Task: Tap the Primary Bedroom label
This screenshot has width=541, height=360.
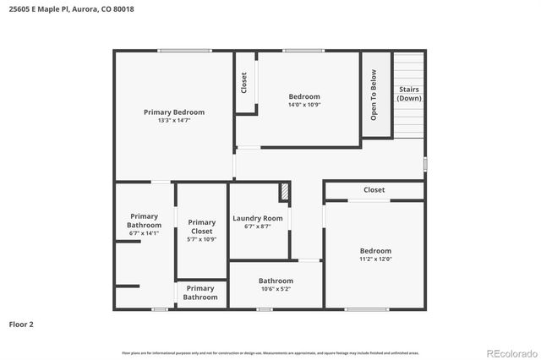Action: coord(174,112)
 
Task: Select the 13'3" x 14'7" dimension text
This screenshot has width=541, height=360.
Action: coord(174,121)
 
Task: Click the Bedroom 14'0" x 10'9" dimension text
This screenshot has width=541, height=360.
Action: coord(304,106)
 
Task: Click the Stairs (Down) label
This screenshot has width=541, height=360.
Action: coord(409,94)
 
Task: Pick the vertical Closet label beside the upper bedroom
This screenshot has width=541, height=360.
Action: coord(244,82)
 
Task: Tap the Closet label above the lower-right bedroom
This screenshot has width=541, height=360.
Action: coord(374,190)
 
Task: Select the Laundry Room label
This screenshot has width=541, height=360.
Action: coord(258,218)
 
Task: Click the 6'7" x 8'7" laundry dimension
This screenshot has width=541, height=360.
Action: coord(258,226)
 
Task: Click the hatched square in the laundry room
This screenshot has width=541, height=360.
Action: coord(285,193)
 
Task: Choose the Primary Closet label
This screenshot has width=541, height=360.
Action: coord(201,226)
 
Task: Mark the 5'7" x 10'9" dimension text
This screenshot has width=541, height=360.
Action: coord(201,239)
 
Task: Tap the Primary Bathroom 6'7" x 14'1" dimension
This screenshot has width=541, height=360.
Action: coord(144,233)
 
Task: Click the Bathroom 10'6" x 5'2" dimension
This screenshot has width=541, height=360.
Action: coord(276,289)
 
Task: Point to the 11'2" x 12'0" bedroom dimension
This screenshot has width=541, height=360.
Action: coord(375,259)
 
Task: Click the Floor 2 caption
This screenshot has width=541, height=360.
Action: coord(21,324)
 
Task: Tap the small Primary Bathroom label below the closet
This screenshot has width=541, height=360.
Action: coord(200,292)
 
